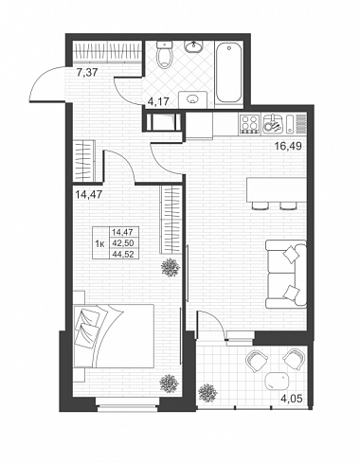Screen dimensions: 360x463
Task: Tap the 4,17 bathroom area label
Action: tap(159, 101)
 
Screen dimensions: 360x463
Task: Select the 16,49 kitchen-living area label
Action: tap(288, 146)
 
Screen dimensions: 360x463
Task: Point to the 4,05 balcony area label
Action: tap(292, 399)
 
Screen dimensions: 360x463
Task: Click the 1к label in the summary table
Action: tap(100, 243)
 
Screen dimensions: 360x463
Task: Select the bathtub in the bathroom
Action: tap(229, 73)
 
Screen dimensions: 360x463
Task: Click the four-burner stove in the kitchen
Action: tap(249, 123)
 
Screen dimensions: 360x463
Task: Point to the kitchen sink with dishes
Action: tap(273, 124)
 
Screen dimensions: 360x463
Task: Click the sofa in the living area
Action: tap(286, 274)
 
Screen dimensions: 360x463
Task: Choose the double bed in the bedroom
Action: tap(114, 336)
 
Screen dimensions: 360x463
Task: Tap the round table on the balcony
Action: tap(277, 381)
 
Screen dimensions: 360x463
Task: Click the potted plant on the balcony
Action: tap(207, 393)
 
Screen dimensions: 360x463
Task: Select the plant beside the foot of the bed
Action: tap(170, 383)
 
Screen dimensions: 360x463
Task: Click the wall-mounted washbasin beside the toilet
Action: tap(193, 47)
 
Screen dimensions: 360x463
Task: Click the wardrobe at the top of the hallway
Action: tap(106, 52)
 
